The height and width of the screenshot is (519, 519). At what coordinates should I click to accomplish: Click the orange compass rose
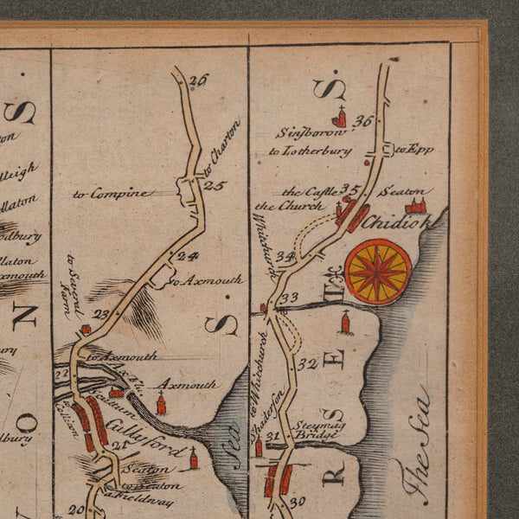pos(378,272)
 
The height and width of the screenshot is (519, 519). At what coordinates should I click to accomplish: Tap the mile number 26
pos(199,80)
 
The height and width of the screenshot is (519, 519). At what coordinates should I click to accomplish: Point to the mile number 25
pos(215,186)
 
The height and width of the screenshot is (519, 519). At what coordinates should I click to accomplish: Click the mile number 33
pos(290,298)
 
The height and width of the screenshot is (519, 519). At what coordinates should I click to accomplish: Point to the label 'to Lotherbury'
pos(310,151)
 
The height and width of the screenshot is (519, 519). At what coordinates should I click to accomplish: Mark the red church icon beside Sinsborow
pos(339,119)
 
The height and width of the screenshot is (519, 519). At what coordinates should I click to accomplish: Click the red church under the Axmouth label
pos(162,404)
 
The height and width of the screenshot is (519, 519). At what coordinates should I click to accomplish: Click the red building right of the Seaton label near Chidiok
pos(417,206)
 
